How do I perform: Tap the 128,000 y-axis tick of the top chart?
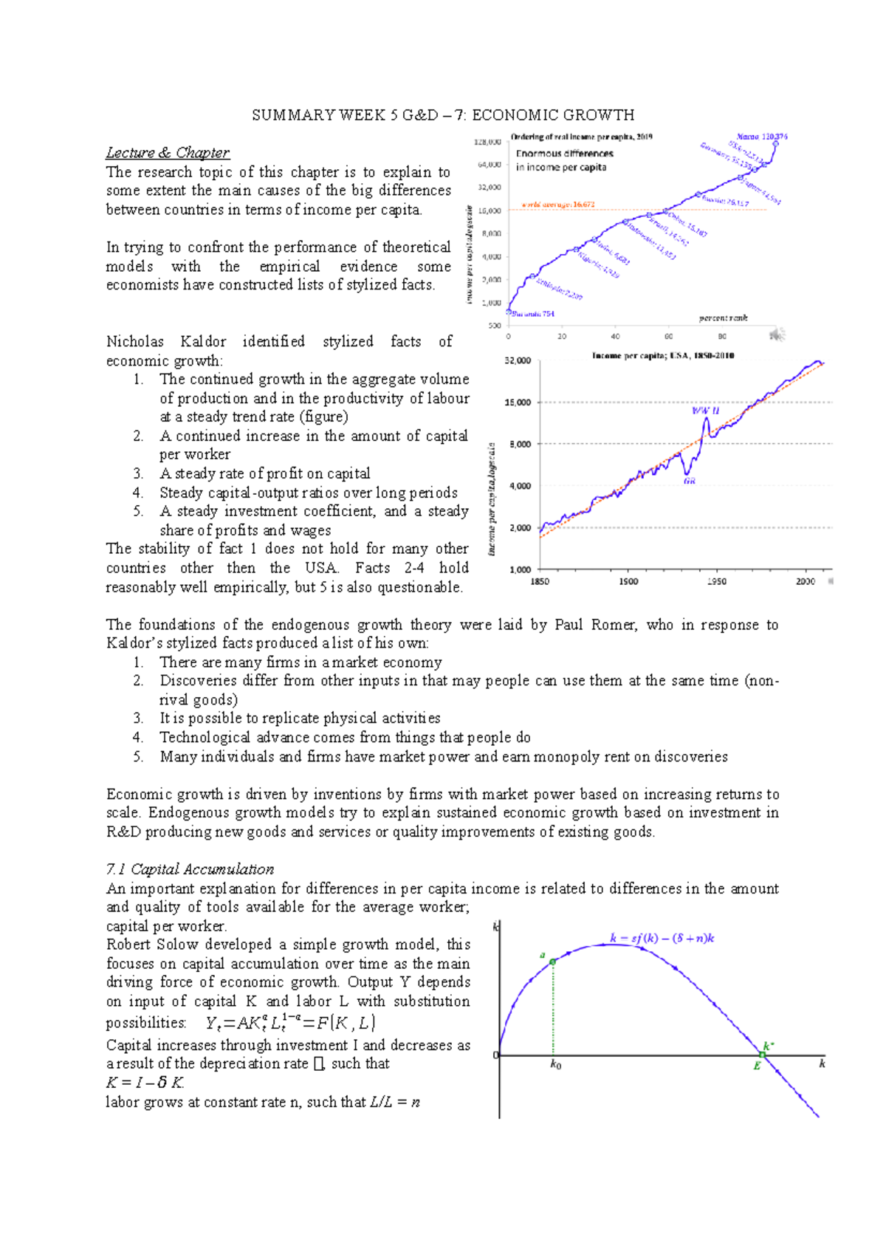pyautogui.click(x=487, y=141)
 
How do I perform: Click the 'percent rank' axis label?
pyautogui.click(x=723, y=318)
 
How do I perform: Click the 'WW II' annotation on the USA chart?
pyautogui.click(x=705, y=411)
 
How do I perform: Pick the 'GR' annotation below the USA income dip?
pyautogui.click(x=689, y=481)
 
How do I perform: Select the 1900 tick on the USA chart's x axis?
pyautogui.click(x=628, y=582)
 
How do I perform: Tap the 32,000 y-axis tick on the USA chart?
pyautogui.click(x=517, y=360)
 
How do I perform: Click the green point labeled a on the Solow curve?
pyautogui.click(x=553, y=962)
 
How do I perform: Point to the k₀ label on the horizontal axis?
pyautogui.click(x=556, y=1066)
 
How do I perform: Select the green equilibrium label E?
pyautogui.click(x=757, y=1066)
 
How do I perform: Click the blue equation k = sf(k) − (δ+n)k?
pyautogui.click(x=662, y=939)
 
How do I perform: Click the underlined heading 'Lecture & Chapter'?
pyautogui.click(x=168, y=153)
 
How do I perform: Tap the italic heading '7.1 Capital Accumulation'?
pyautogui.click(x=190, y=869)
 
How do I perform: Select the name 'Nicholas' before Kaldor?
pyautogui.click(x=135, y=341)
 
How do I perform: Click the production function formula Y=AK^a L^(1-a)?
pyautogui.click(x=290, y=1023)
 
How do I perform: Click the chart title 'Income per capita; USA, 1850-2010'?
pyautogui.click(x=662, y=355)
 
